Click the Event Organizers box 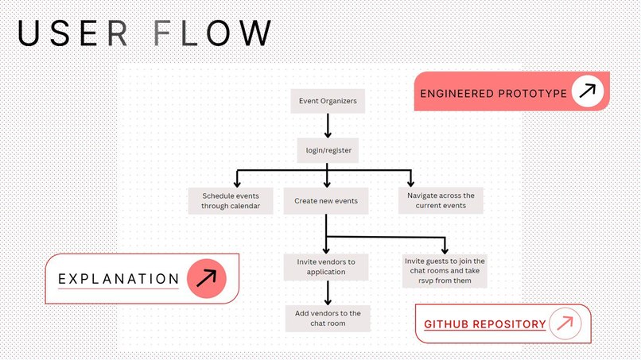(x=327, y=101)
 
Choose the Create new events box (x=326, y=200)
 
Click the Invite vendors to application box (x=326, y=266)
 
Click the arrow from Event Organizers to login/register (x=327, y=126)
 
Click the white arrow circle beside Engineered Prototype (x=587, y=91)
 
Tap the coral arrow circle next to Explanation (x=207, y=278)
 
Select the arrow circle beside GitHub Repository (x=565, y=323)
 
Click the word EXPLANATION (x=118, y=279)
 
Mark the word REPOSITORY (x=511, y=324)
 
